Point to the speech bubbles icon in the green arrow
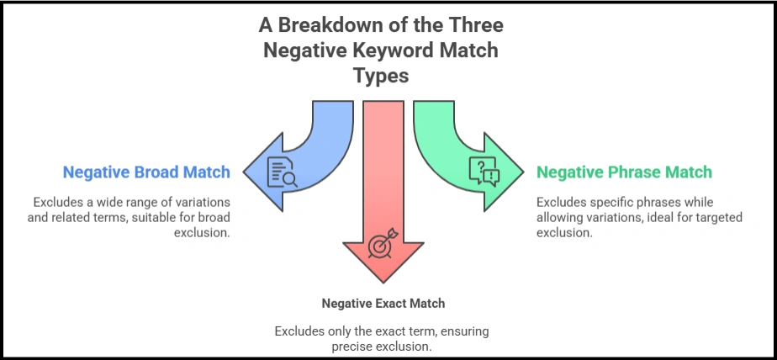click(484, 172)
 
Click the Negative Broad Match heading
click(145, 172)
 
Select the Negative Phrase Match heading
click(624, 172)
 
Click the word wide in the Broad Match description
click(107, 203)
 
